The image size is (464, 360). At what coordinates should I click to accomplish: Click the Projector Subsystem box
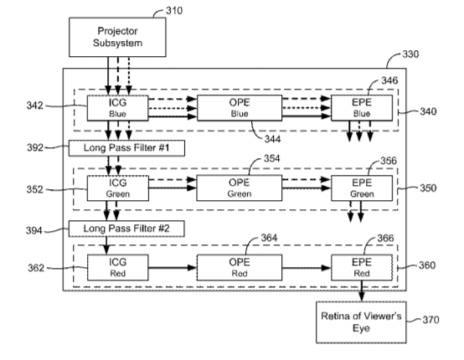pyautogui.click(x=117, y=37)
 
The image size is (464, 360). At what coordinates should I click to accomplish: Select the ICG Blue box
pyautogui.click(x=117, y=108)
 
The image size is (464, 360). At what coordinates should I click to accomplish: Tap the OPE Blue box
pyautogui.click(x=240, y=108)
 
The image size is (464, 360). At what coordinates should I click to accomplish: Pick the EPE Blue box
pyautogui.click(x=362, y=108)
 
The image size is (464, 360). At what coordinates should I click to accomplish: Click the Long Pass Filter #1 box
pyautogui.click(x=126, y=148)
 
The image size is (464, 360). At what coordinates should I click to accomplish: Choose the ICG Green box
pyautogui.click(x=117, y=188)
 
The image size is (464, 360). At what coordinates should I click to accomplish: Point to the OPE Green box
pyautogui.click(x=240, y=188)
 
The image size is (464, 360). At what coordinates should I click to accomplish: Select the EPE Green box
pyautogui.click(x=362, y=188)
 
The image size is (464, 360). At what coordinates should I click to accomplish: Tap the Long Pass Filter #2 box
pyautogui.click(x=126, y=229)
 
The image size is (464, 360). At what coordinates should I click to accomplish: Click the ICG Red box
pyautogui.click(x=117, y=268)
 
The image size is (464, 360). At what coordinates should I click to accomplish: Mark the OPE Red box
pyautogui.click(x=240, y=268)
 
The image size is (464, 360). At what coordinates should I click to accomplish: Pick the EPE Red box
pyautogui.click(x=362, y=268)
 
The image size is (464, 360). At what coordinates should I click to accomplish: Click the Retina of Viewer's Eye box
pyautogui.click(x=361, y=322)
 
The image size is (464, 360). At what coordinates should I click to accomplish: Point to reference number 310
pyautogui.click(x=174, y=11)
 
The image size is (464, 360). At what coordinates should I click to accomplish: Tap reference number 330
pyautogui.click(x=410, y=54)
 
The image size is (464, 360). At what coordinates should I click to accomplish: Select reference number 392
pyautogui.click(x=35, y=147)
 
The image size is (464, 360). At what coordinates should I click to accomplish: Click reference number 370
pyautogui.click(x=430, y=320)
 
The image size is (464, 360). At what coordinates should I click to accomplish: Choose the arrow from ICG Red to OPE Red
pyautogui.click(x=173, y=268)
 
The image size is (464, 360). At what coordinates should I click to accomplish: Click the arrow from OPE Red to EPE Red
pyautogui.click(x=307, y=268)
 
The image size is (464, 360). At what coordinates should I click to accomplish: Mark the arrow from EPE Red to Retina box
pyautogui.click(x=362, y=291)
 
